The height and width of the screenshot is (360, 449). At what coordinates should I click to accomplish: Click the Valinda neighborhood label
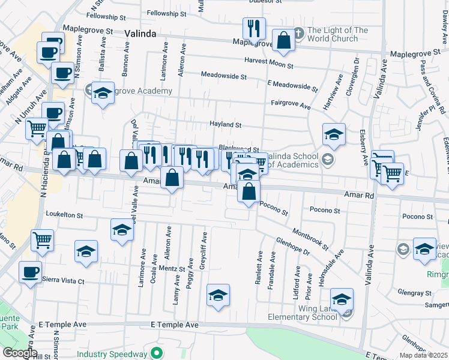tap(140, 34)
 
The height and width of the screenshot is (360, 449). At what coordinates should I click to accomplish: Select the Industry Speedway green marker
tap(157, 352)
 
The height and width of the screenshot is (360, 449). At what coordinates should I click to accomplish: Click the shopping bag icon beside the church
tap(283, 41)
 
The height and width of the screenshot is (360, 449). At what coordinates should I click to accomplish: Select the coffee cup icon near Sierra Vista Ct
tap(30, 272)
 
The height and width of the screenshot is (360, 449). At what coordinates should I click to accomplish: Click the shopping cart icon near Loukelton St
tap(43, 240)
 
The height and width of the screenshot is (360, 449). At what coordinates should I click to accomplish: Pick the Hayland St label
tap(225, 125)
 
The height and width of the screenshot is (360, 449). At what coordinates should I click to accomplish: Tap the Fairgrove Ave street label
tap(290, 105)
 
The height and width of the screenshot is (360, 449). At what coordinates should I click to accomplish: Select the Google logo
tap(20, 353)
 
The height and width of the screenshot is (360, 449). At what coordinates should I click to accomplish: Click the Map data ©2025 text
tap(423, 355)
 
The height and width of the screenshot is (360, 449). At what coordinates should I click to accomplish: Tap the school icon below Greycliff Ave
tap(218, 295)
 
